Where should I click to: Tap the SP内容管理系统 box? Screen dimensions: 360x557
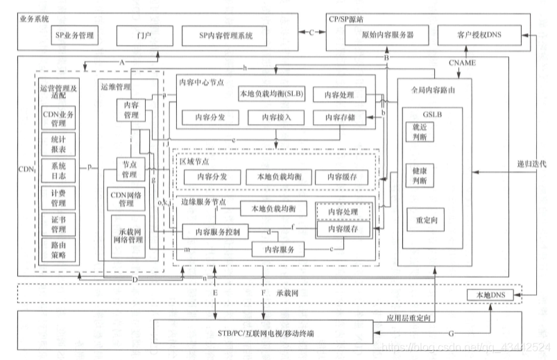226,34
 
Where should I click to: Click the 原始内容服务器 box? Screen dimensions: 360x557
380,34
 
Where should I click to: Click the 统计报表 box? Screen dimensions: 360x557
58,144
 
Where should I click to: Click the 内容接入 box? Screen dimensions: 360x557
275,117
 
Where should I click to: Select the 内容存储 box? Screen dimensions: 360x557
339,117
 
